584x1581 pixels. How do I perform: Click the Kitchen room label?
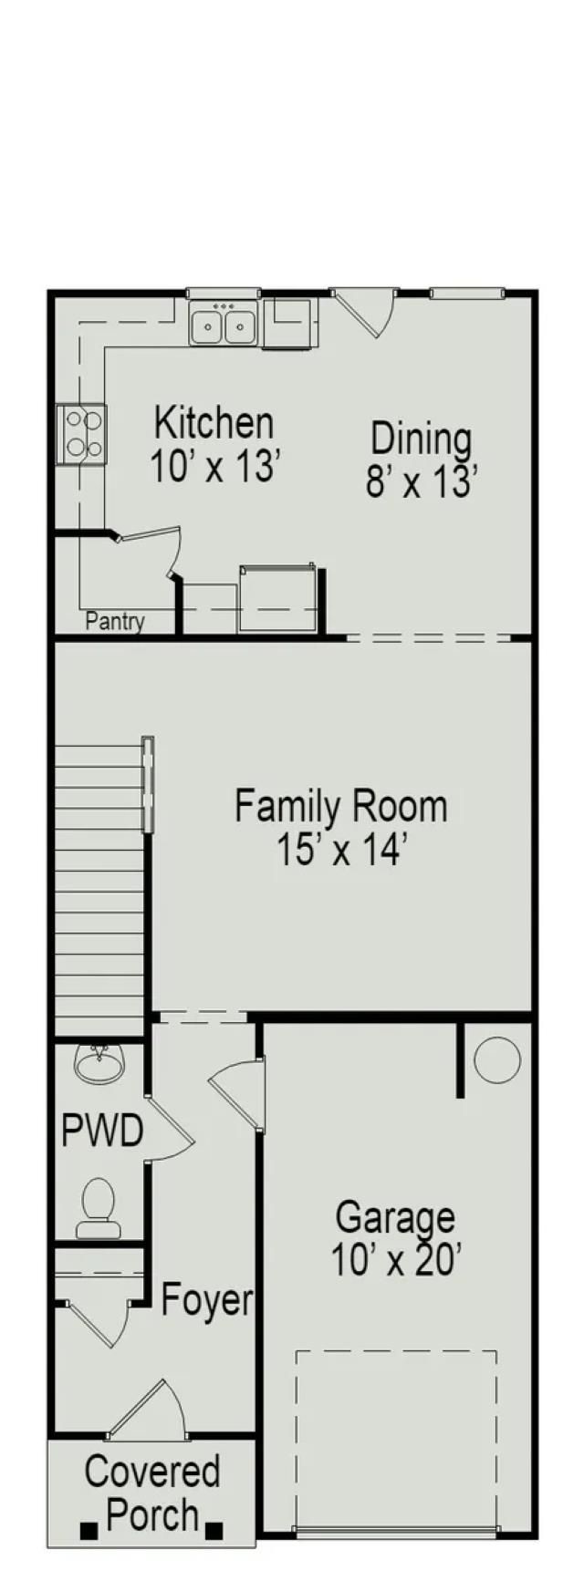214,424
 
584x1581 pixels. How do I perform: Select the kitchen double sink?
224,324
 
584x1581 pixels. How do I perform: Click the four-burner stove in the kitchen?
81,434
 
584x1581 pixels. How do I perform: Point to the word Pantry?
115,622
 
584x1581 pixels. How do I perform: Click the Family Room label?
341,807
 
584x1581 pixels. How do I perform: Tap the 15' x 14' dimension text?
341,851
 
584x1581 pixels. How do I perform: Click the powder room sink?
99,1063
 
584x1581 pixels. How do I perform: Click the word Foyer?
207,1300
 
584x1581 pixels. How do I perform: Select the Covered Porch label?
152,1493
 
